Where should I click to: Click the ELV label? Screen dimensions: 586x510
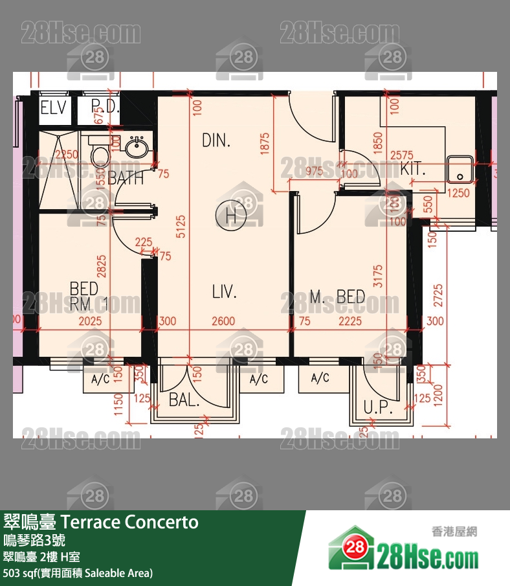[x=53, y=107]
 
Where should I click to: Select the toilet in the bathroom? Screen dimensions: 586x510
[x=100, y=156]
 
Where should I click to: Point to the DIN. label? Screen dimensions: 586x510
[x=216, y=141]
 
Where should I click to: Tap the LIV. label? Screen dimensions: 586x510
[x=224, y=291]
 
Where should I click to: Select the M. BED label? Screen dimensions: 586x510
[x=337, y=297]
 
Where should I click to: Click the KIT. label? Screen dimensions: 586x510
[x=413, y=170]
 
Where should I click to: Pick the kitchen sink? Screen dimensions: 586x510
[x=461, y=168]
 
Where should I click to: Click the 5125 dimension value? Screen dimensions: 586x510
[x=181, y=226]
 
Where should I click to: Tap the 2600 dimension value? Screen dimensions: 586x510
[x=223, y=321]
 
